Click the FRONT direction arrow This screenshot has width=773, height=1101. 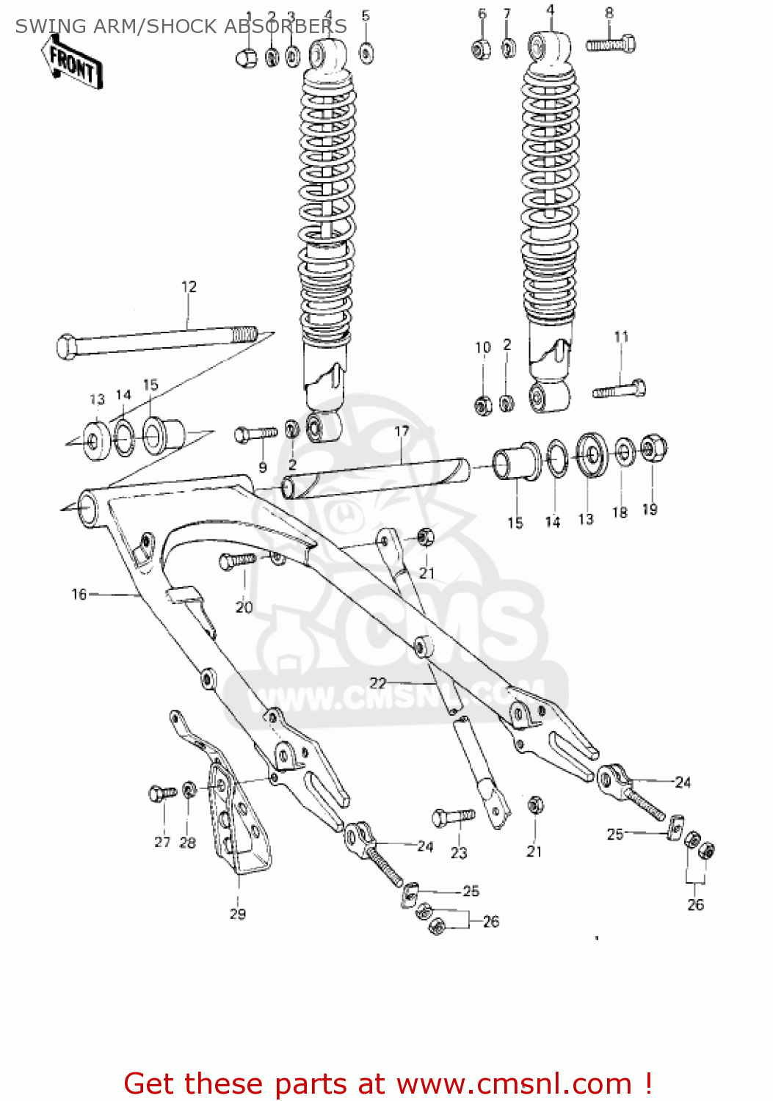pos(73,65)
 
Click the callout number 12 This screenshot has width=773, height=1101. pos(189,287)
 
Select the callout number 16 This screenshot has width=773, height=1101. pos(79,594)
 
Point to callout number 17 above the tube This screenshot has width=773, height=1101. pos(402,431)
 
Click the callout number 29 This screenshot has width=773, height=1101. pos(238,914)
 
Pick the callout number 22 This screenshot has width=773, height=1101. pos(377,683)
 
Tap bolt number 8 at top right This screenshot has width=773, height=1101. pos(611,45)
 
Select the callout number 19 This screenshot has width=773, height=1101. pos(650,509)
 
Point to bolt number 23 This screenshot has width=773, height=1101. pos(453,817)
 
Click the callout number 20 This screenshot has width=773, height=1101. pos(244,607)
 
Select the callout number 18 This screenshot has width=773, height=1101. pos(620,512)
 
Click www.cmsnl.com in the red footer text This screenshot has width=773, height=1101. pos(514,1084)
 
